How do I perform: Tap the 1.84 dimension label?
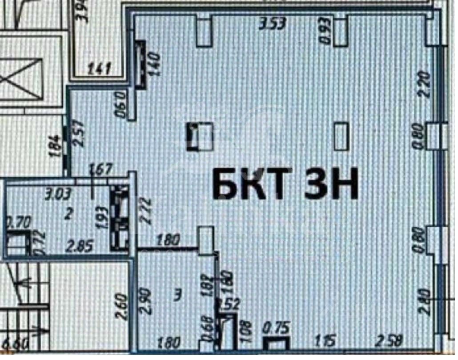point(55,145)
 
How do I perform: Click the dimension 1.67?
point(100,169)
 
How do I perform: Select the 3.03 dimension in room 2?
point(59,194)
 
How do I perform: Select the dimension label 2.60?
point(121,308)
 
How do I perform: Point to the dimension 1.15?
point(327,343)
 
